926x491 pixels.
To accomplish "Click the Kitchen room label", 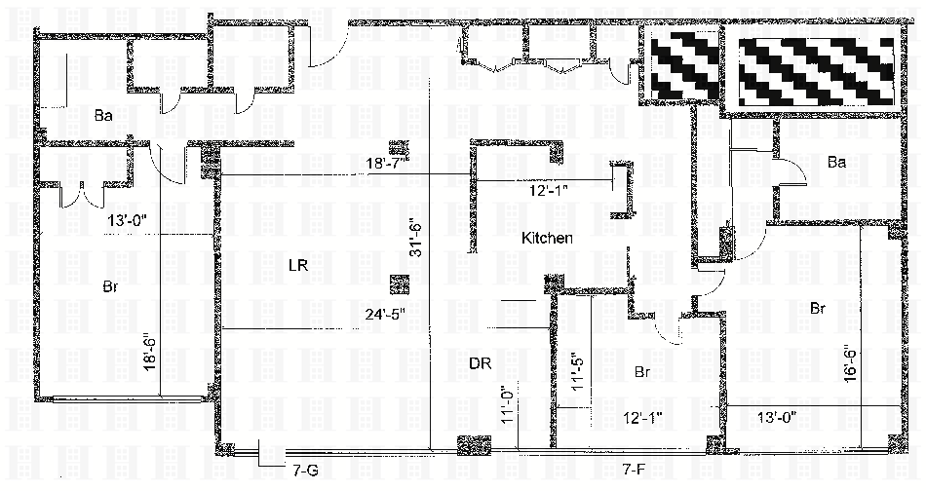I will click(547, 238).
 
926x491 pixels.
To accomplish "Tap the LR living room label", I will click(298, 265).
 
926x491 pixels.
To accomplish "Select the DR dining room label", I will click(479, 363).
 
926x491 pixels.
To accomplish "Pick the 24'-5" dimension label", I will click(381, 314).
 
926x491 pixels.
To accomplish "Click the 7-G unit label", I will click(305, 470).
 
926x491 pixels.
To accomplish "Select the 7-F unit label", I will click(636, 470).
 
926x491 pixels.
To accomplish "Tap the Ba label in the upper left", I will click(103, 116).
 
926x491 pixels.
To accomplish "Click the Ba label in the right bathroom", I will click(835, 163).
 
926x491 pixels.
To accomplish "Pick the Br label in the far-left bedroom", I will click(111, 286).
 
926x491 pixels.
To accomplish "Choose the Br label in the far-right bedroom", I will click(819, 308).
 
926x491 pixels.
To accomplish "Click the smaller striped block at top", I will click(686, 67).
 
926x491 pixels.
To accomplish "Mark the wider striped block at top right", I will click(817, 72).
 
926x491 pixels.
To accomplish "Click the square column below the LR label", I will click(398, 284).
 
